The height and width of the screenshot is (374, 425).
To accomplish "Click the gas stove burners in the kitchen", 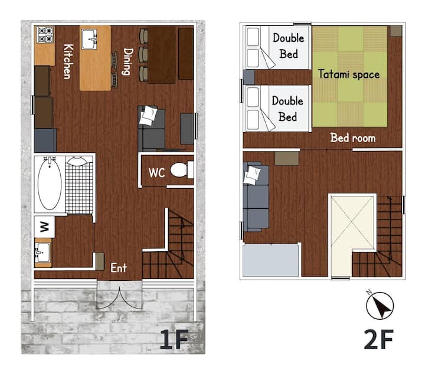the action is pos(45,35).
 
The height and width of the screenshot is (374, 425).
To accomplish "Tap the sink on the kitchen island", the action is pos(89,40).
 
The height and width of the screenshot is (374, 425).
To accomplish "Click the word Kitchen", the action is pos(68,61).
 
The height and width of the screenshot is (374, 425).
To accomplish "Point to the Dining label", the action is pos(128,61).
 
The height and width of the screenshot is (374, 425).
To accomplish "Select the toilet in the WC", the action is pos(182,170).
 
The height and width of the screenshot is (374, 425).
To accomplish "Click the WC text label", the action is pos(156,172).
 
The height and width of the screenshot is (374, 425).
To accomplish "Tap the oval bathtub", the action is pos(50,183).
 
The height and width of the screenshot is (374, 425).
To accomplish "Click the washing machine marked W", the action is pos(44,227).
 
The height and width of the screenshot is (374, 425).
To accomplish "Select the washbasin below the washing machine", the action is pos(43,252).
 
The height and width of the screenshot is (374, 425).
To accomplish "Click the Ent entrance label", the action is pos(119,268).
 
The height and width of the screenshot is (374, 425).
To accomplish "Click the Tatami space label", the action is pos(349,74).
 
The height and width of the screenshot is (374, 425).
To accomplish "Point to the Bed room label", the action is pos(353,138).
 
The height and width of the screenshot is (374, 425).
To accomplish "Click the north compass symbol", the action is pos(380,305).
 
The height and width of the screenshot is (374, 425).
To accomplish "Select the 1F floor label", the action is pos(174,339).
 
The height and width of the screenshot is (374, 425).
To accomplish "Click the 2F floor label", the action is pos(378,339).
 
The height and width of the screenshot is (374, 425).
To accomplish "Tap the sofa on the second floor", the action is pos(256,197).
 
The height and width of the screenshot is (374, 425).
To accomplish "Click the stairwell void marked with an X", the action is pos(352,222).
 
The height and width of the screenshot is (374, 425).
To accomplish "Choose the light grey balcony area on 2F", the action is pos(270,260).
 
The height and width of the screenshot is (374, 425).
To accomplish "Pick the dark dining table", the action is pos(162,55).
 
